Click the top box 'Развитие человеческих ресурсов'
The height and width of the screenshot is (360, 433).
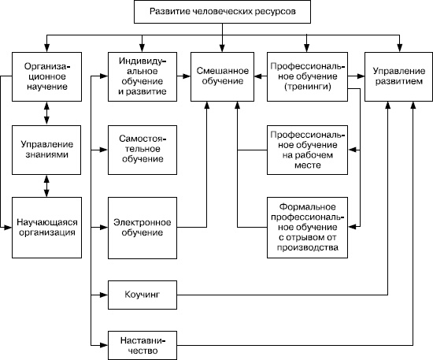[223, 13]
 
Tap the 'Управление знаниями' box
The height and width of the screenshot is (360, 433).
[47, 150]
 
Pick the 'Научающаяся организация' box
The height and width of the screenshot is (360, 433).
[47, 227]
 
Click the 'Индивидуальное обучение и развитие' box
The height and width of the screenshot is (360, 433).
[142, 76]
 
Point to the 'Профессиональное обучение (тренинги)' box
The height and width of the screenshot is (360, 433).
[307, 76]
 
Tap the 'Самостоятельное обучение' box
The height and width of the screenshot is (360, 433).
[142, 149]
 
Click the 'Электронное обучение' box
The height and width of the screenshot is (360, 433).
[142, 227]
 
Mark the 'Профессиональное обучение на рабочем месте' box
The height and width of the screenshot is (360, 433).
[307, 149]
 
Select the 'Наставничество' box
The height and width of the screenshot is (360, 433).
[142, 343]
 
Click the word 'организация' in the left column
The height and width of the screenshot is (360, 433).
[47, 233]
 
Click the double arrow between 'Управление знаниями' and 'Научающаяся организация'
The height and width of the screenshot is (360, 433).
[49, 186]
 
